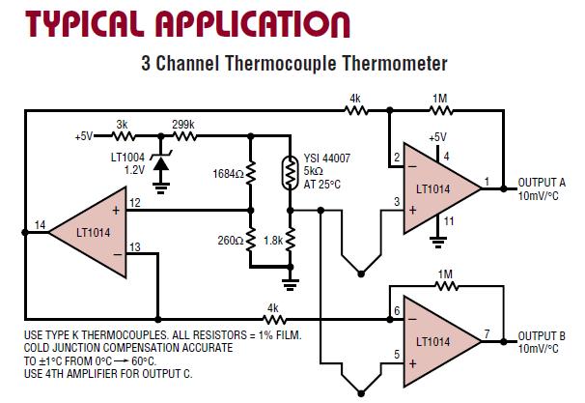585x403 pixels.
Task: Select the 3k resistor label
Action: [x=122, y=124]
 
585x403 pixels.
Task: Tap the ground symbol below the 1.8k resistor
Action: [x=289, y=282]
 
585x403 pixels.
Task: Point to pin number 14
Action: [x=40, y=225]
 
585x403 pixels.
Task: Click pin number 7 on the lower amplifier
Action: [x=487, y=333]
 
